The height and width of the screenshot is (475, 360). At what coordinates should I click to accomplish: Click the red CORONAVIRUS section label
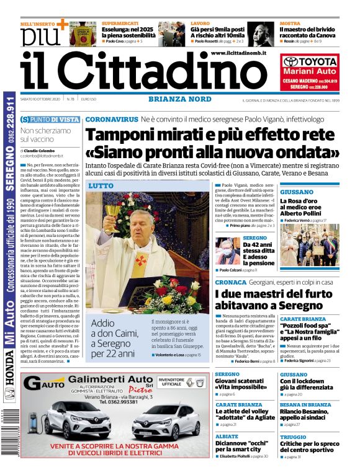(112, 118)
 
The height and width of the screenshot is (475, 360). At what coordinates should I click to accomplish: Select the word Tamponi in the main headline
(124, 135)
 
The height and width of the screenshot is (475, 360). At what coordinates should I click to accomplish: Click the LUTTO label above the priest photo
(101, 185)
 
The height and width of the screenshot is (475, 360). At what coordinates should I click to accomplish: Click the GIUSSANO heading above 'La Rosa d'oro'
(296, 192)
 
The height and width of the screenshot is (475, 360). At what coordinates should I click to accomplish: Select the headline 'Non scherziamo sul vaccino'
(45, 135)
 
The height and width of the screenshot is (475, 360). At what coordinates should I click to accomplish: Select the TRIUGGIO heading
(293, 437)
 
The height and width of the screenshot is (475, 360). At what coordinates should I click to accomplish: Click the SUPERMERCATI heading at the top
(120, 23)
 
